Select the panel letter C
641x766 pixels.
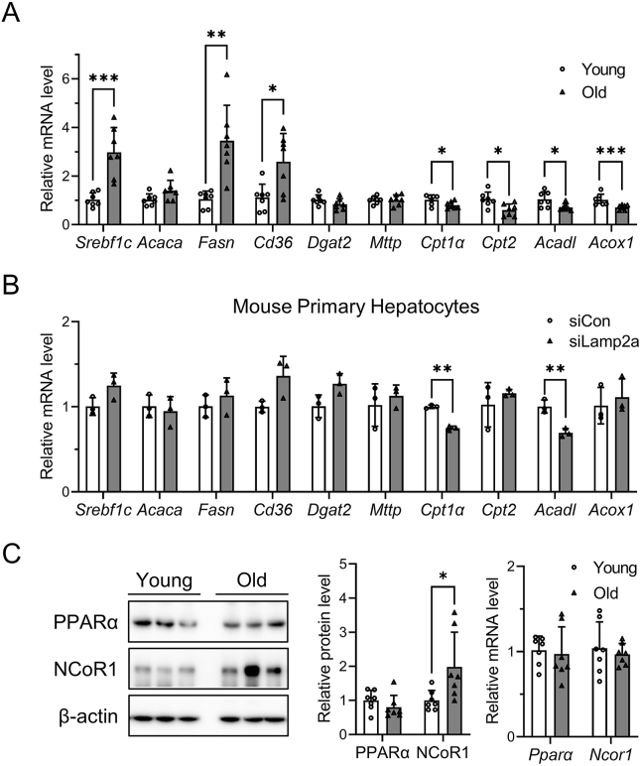tap(13, 549)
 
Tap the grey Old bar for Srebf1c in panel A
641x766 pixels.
tap(115, 189)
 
